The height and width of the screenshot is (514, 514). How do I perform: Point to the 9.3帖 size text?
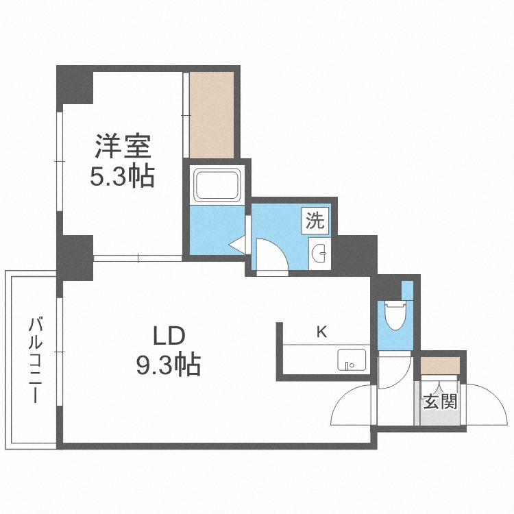pyautogui.click(x=167, y=364)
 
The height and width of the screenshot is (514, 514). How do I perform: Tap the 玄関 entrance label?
pyautogui.click(x=439, y=402)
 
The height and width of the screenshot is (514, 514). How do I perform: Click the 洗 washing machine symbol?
pyautogui.click(x=315, y=221)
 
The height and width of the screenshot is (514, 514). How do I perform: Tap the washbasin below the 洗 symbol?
pyautogui.click(x=319, y=254)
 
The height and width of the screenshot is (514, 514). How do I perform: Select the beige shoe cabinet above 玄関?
pyautogui.click(x=439, y=365)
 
